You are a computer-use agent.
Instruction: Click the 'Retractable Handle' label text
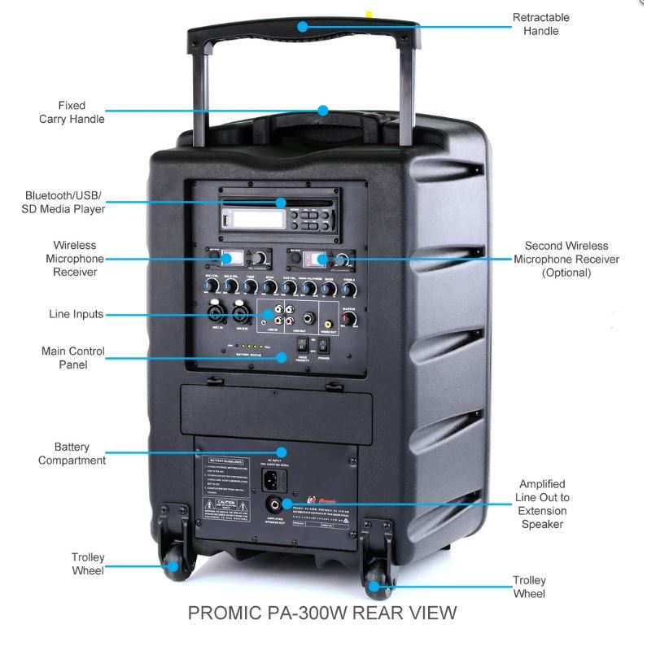[541, 24]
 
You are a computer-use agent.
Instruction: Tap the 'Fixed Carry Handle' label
[72, 112]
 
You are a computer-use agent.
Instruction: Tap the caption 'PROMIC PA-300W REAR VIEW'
[322, 613]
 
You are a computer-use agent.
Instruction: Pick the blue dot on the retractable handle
[302, 26]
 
